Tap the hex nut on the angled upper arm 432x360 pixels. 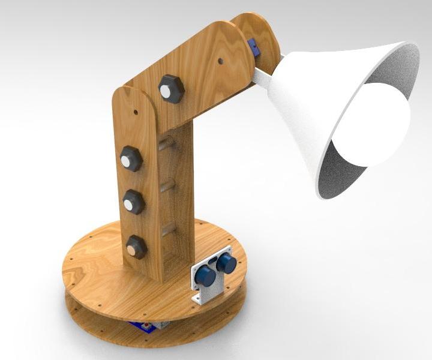pyautogui.click(x=171, y=89)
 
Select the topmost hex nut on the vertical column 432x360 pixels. pyautogui.click(x=130, y=159)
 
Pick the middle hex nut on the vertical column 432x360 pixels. pyautogui.click(x=133, y=202)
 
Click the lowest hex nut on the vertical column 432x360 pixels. pyautogui.click(x=136, y=247)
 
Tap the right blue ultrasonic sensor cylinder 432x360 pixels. pyautogui.click(x=227, y=262)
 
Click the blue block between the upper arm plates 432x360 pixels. pyautogui.click(x=254, y=47)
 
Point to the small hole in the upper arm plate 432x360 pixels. pyautogui.click(x=221, y=61)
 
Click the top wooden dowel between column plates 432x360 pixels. pyautogui.click(x=166, y=143)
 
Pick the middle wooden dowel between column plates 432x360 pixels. pyautogui.click(x=167, y=185)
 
